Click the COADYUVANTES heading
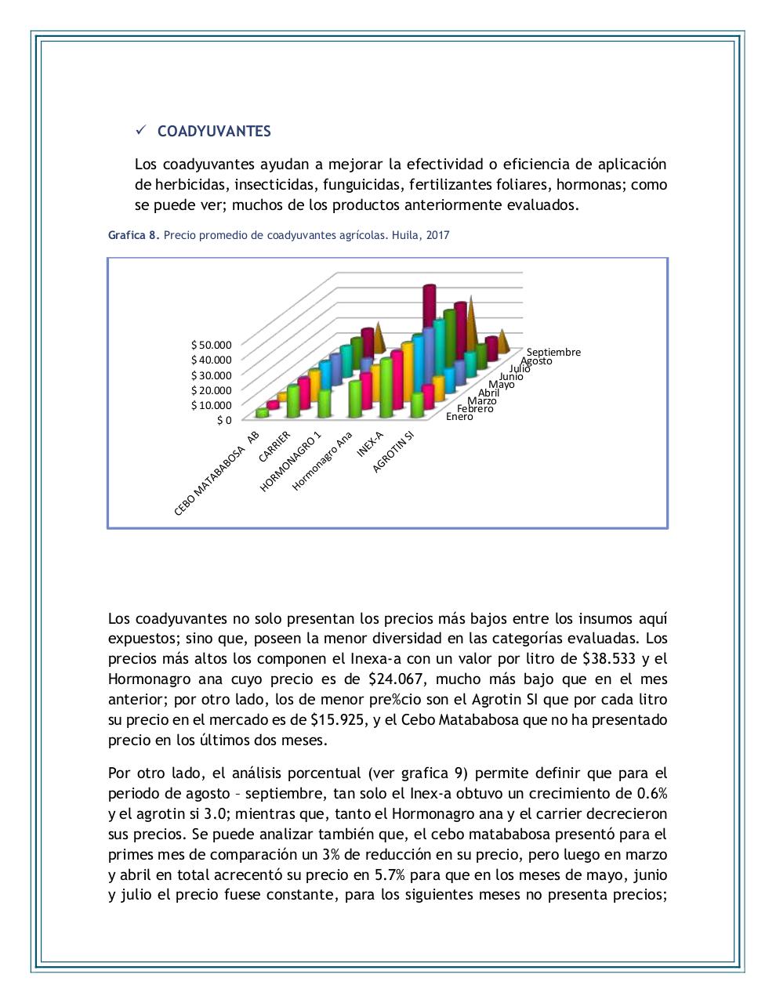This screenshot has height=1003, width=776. point(214,132)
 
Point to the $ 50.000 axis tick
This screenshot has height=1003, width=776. point(212,345)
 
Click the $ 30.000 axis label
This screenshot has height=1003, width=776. point(212,375)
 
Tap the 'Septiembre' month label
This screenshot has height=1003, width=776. point(553,352)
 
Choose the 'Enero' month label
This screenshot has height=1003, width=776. point(459,416)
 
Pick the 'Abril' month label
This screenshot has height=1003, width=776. point(488,393)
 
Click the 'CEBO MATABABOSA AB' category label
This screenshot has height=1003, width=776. point(216,473)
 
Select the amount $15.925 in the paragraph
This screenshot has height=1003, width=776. point(337,720)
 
